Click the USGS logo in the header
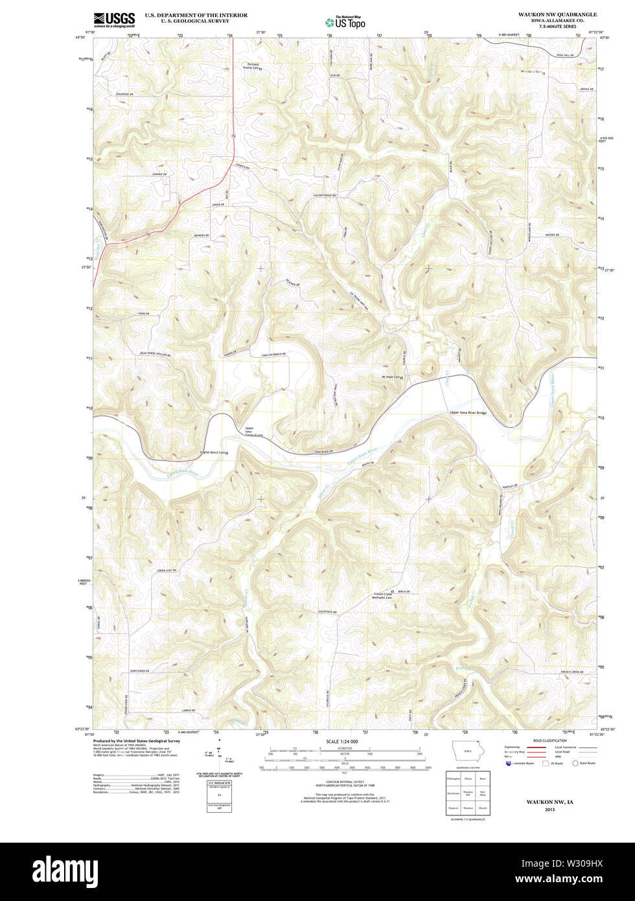pyautogui.click(x=114, y=19)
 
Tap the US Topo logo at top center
pyautogui.click(x=345, y=22)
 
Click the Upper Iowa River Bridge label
pyautogui.click(x=468, y=413)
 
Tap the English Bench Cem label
pyautogui.click(x=213, y=452)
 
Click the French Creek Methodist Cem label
pyautogui.click(x=383, y=596)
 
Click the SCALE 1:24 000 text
pyautogui.click(x=341, y=741)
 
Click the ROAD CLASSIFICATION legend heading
pyautogui.click(x=549, y=740)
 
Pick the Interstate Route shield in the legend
pyautogui.click(x=509, y=763)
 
